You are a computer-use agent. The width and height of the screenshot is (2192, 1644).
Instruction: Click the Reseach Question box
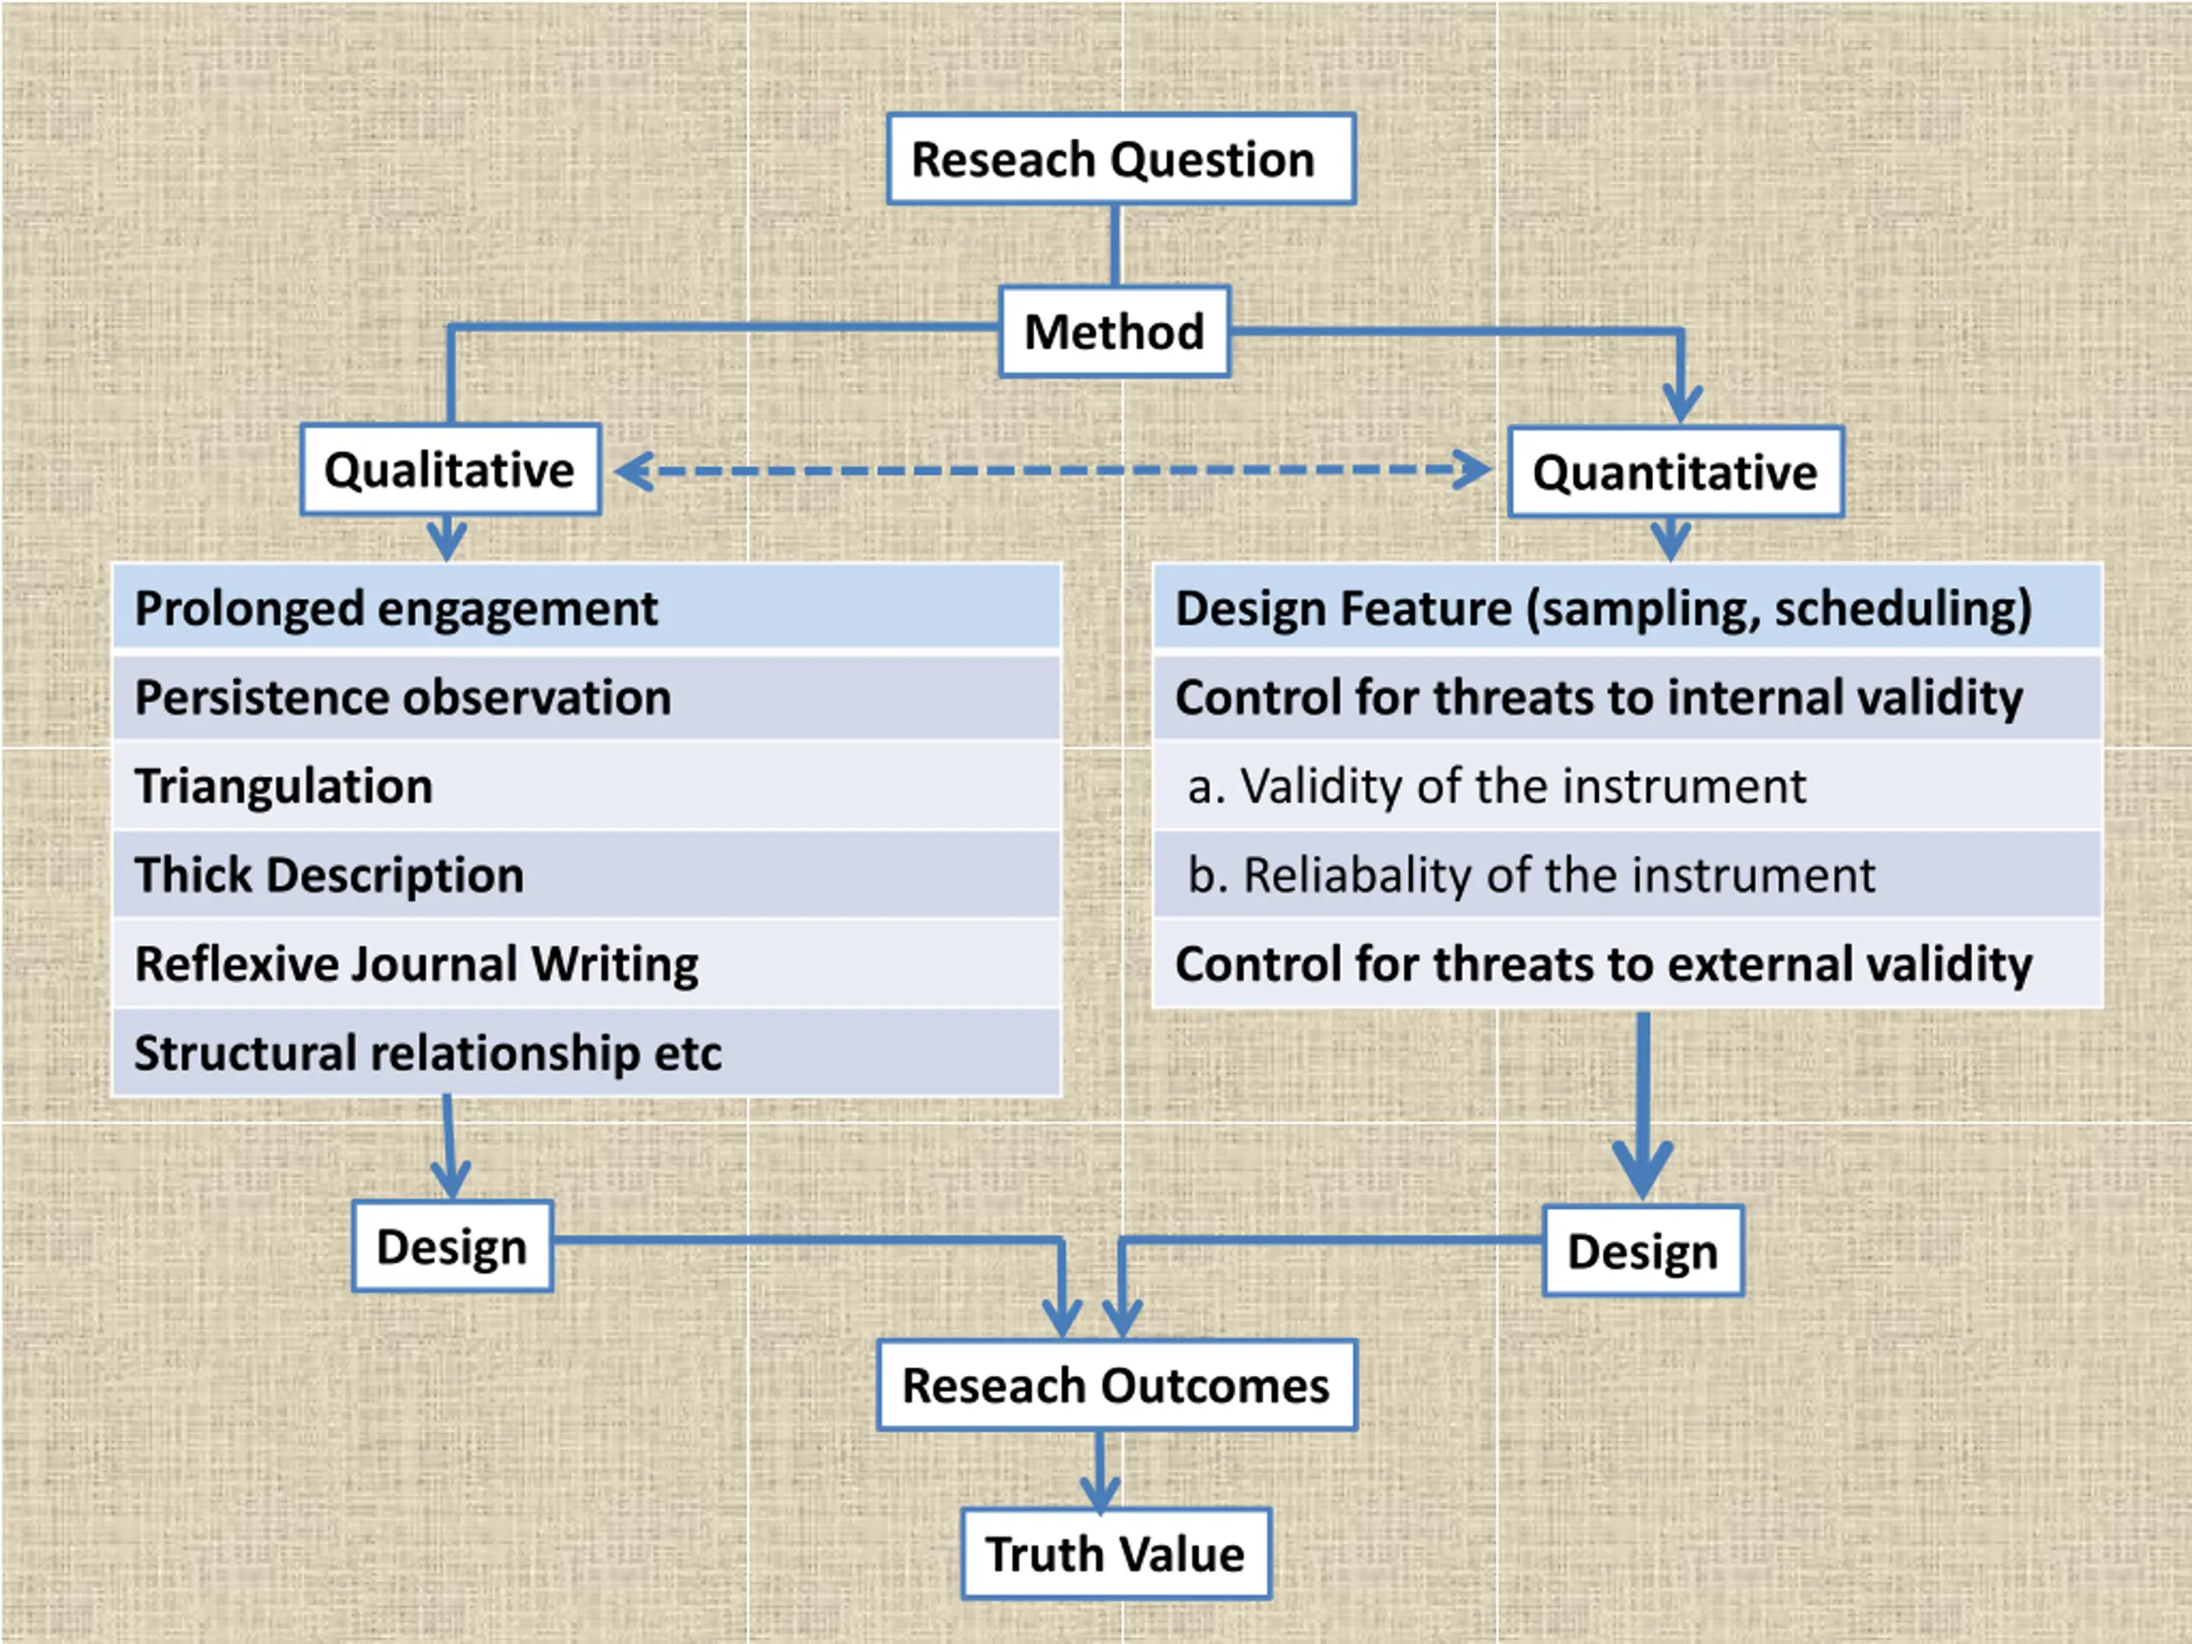(x=1121, y=158)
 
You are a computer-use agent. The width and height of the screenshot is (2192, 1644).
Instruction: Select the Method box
(x=1115, y=331)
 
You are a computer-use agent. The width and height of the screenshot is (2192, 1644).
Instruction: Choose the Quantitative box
(x=1676, y=472)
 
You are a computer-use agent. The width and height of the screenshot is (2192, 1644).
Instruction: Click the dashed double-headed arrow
(x=1053, y=470)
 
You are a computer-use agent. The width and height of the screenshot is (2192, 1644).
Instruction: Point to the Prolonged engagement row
(x=587, y=607)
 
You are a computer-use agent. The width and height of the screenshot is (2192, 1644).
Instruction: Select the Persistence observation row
(x=587, y=697)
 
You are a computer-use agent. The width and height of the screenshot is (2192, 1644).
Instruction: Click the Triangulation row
(x=587, y=786)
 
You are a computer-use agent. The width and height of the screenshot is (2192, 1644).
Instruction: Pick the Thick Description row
(x=587, y=874)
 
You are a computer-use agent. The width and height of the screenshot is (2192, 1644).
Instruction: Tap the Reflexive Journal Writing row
(x=587, y=963)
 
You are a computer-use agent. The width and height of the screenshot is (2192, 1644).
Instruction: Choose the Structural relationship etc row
(x=587, y=1052)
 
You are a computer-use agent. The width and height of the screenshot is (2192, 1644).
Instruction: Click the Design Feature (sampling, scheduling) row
(x=1627, y=607)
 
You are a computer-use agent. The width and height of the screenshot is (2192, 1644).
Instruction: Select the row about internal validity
(x=1627, y=697)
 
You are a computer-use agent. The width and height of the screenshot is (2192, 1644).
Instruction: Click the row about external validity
(x=1627, y=963)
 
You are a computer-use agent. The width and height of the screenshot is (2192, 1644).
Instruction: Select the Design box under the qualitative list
(x=452, y=1246)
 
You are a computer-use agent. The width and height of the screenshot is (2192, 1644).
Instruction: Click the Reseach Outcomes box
(x=1117, y=1385)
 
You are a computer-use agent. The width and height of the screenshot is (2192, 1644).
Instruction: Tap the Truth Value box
(x=1116, y=1553)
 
